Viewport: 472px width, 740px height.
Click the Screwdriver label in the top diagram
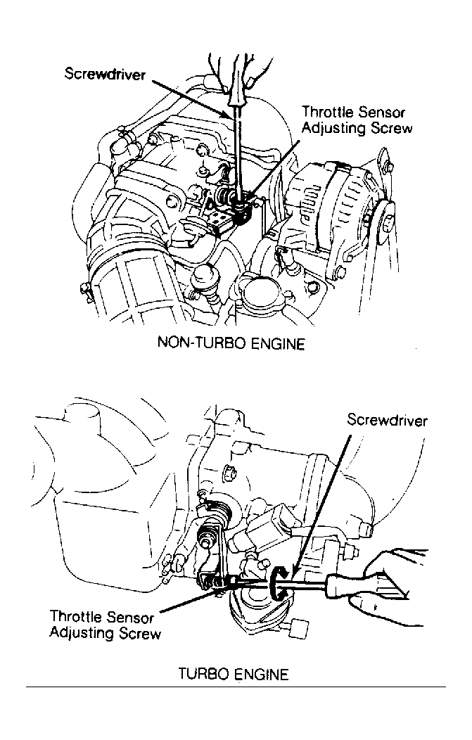pos(105,75)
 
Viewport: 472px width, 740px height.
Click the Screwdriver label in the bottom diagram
pos(387,420)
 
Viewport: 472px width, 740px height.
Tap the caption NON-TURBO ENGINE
pos(231,343)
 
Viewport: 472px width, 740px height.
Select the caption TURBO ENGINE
pos(234,674)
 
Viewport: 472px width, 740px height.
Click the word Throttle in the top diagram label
pos(328,112)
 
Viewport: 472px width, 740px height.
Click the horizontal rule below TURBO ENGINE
pos(236,687)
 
